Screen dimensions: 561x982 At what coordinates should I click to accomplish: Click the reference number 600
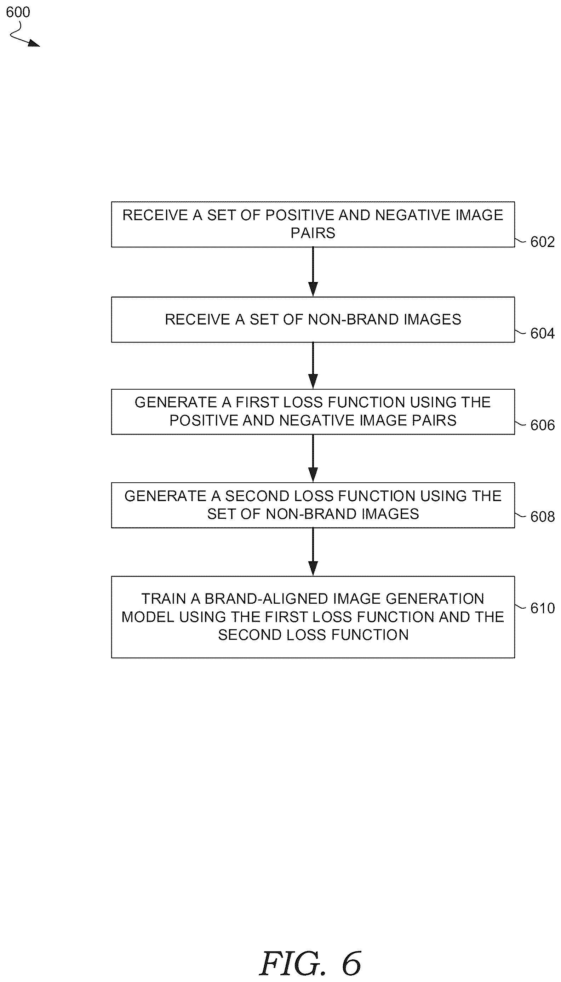[18, 12]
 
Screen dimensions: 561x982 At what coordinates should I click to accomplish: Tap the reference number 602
[542, 242]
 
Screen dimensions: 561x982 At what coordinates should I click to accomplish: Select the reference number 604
[542, 333]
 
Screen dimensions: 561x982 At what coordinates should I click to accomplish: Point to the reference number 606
[542, 425]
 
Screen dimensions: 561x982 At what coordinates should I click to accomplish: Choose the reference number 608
[542, 516]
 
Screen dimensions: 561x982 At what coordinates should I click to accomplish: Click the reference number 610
[542, 608]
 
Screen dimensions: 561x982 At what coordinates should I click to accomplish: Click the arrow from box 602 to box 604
[313, 272]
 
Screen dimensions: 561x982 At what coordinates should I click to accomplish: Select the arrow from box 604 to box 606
[313, 366]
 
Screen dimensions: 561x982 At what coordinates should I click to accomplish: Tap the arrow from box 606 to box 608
[313, 458]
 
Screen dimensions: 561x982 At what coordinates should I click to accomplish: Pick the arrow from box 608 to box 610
[313, 552]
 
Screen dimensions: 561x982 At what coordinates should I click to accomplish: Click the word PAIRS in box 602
[313, 233]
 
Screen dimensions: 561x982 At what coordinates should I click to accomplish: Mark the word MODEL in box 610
[148, 616]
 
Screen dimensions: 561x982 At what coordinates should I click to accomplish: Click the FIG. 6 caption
[310, 964]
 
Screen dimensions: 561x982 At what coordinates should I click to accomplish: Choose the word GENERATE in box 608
[166, 496]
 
